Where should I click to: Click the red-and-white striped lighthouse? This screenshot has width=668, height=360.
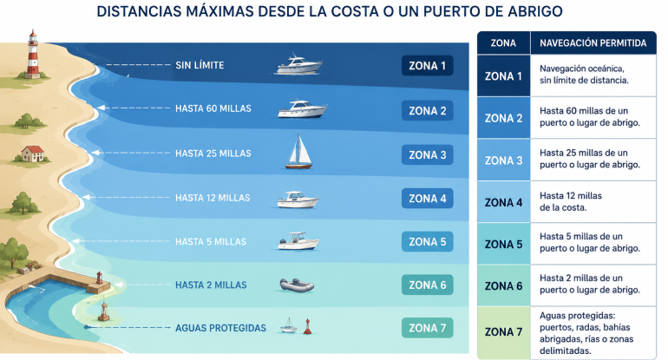click(33, 55)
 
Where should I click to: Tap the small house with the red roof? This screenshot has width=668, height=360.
click(33, 154)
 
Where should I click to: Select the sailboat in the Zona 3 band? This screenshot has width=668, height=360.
click(298, 151)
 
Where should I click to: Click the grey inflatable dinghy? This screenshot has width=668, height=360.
click(297, 285)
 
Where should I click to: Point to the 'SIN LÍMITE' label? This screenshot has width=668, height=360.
click(200, 65)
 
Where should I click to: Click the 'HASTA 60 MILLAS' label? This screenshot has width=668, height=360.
click(213, 108)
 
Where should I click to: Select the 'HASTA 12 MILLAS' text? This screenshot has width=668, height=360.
click(213, 198)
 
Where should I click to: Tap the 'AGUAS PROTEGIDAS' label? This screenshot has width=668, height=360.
click(220, 328)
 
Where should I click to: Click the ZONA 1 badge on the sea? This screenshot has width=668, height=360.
click(428, 66)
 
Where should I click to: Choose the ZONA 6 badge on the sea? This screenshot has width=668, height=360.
click(428, 285)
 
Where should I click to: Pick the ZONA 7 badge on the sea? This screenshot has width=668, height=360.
click(428, 328)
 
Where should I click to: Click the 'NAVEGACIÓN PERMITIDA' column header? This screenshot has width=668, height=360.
click(593, 43)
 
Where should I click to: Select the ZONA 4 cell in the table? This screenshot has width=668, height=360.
click(503, 202)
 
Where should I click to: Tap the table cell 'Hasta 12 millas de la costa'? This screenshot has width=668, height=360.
click(571, 201)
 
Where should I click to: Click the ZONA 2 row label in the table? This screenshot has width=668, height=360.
click(503, 119)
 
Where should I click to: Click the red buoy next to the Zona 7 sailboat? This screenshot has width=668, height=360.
click(307, 326)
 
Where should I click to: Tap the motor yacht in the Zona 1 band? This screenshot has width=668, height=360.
click(299, 64)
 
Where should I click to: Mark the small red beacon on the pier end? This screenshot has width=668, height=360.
click(99, 278)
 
